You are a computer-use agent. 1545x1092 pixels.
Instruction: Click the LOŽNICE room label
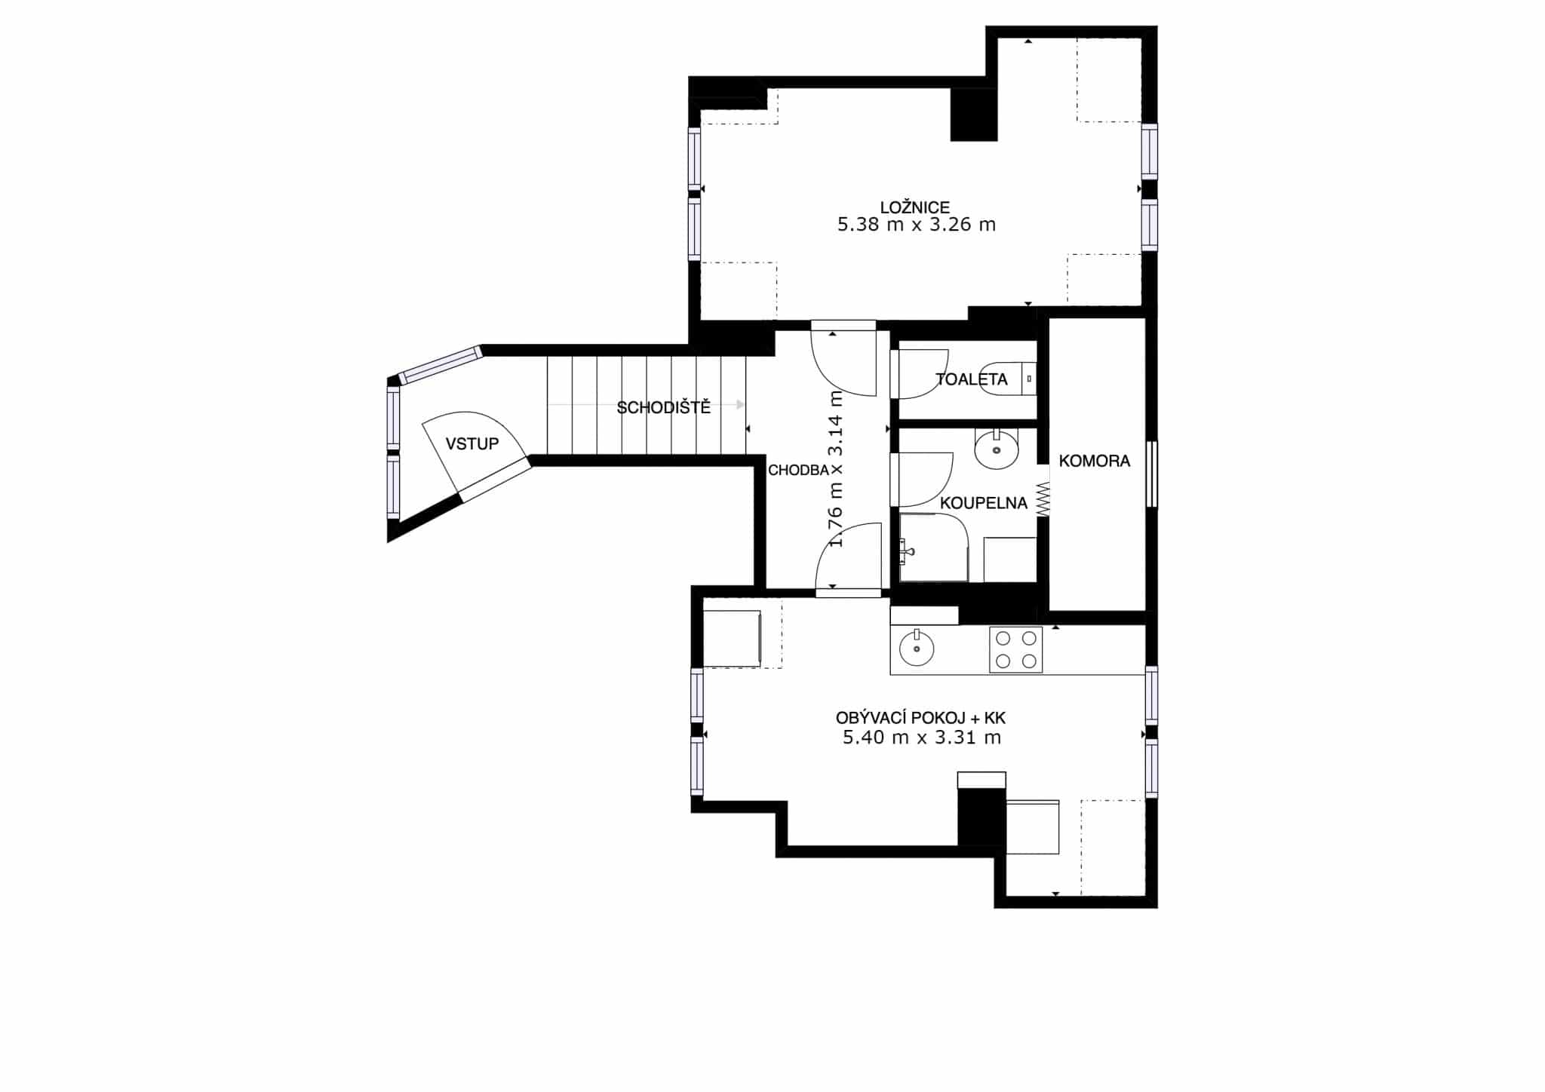point(914,207)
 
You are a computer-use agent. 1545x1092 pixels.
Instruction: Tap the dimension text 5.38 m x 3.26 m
point(916,225)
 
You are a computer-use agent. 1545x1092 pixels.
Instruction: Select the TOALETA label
point(972,379)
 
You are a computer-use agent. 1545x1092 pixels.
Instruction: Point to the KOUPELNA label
point(984,503)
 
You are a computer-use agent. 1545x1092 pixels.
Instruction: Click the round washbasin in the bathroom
point(997,449)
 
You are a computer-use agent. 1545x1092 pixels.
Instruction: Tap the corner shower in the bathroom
point(934,548)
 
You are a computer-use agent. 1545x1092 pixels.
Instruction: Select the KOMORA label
point(1095,461)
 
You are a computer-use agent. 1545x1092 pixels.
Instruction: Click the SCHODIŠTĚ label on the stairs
point(664,408)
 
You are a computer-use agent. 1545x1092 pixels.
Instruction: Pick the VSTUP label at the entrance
point(472,443)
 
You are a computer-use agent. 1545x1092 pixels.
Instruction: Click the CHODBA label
point(798,471)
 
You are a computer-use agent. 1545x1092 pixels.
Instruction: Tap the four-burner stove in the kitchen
point(1015,649)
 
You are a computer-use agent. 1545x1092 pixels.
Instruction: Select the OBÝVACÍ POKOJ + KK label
point(921,718)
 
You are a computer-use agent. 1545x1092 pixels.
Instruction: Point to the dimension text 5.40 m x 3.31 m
point(922,738)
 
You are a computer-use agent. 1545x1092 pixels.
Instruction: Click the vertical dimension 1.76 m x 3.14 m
point(836,468)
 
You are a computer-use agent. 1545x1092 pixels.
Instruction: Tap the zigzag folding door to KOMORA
point(1043,500)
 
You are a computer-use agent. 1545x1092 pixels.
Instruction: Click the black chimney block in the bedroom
point(974,115)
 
